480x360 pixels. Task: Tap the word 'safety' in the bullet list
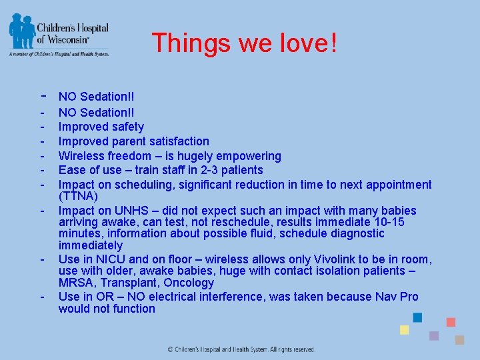(128, 127)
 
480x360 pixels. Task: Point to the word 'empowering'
(250, 156)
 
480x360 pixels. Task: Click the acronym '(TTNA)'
(78, 197)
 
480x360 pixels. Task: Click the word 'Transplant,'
(130, 283)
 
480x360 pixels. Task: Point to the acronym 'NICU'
(112, 259)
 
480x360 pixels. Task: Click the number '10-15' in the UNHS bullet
(388, 222)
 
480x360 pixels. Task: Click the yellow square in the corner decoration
(404, 330)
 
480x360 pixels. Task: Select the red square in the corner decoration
(451, 322)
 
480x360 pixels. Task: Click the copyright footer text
(241, 349)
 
